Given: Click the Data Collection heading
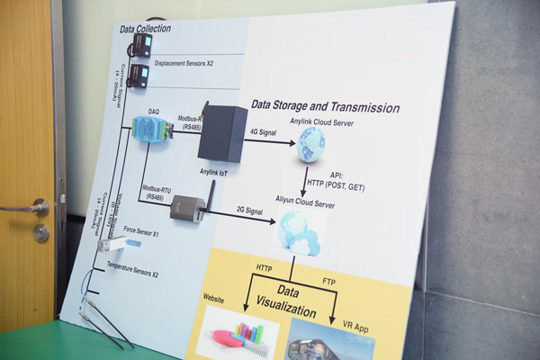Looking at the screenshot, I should pos(145,29).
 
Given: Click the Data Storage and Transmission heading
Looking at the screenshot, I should pos(325,107).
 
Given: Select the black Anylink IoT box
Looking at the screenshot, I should pos(222,132).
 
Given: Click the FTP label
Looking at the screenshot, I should pos(330,283).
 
